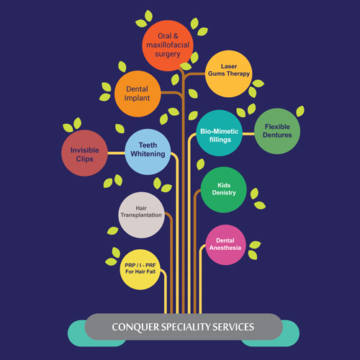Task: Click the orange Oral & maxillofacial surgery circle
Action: [x=168, y=45]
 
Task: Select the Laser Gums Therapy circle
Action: [x=229, y=73]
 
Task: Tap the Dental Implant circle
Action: [x=138, y=94]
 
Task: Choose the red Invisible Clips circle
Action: [x=84, y=153]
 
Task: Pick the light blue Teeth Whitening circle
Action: [x=148, y=152]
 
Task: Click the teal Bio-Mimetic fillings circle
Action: [x=220, y=133]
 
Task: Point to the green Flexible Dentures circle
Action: [x=277, y=131]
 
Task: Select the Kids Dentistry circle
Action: [x=224, y=190]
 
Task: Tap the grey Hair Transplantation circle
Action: [x=142, y=215]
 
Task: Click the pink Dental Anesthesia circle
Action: [x=225, y=245]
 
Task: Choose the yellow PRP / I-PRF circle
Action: [x=140, y=269]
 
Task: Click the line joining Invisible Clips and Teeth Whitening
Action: [x=117, y=153]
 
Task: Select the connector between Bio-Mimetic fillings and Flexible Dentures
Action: [x=248, y=134]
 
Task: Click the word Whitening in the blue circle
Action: [x=148, y=154]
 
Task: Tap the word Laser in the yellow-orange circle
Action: [x=229, y=66]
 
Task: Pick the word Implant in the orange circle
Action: [x=137, y=98]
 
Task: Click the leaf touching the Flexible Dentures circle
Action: [x=300, y=112]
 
